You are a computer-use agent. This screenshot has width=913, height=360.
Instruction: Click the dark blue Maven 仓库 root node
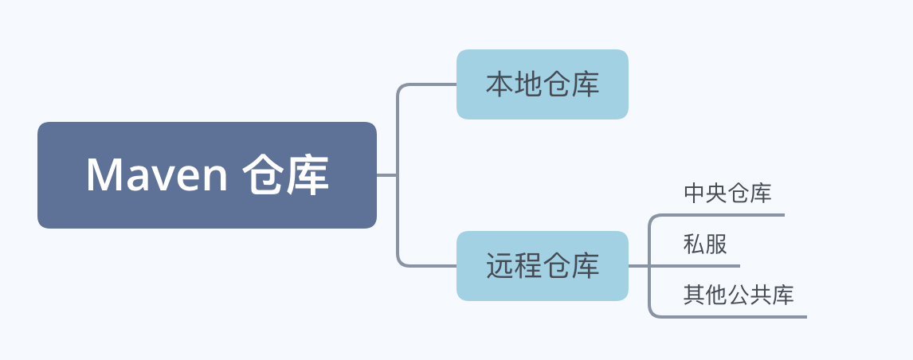coord(206,174)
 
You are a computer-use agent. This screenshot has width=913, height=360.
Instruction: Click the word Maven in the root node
coord(157,174)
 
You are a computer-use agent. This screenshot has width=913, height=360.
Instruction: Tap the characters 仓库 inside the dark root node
coord(285,174)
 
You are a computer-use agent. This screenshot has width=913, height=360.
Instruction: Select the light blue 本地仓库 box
coord(542,84)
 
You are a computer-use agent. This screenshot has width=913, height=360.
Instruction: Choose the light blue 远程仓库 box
coord(542,266)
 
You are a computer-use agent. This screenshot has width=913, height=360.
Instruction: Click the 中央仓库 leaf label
coord(728,194)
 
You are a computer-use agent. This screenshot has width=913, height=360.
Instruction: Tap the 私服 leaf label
coord(705,244)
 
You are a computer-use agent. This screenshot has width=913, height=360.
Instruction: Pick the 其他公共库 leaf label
coord(739,295)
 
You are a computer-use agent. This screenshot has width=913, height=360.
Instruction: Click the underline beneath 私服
coord(694,266)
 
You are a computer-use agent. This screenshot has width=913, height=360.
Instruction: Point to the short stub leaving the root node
coord(386,174)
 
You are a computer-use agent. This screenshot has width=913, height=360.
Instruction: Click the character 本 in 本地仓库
coord(500,84)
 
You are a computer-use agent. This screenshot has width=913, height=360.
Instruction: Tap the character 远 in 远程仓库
coord(500,266)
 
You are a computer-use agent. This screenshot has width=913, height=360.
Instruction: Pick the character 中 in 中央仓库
coord(695,194)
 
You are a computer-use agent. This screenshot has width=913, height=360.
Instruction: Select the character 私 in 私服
coord(694,244)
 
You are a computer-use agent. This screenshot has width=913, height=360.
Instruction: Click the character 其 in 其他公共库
coord(694,295)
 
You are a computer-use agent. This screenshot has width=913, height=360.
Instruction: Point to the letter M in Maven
coord(103,174)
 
